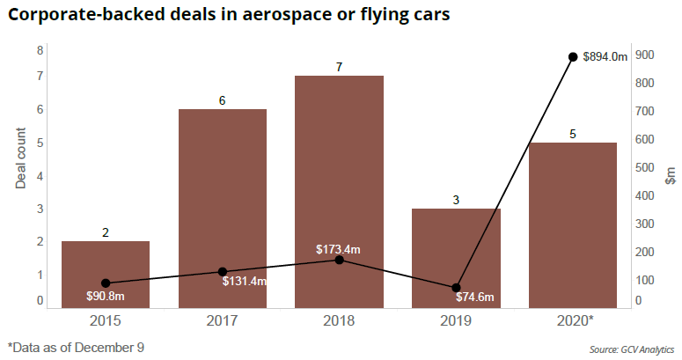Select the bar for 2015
tap(106, 274)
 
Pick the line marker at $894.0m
tap(573, 57)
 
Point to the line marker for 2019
tap(456, 288)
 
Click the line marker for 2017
tap(223, 272)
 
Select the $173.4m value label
tap(339, 250)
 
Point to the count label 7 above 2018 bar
tap(339, 67)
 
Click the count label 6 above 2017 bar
tap(223, 100)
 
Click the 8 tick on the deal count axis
tap(40, 51)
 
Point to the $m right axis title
tap(671, 176)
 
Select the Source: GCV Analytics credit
tap(631, 349)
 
